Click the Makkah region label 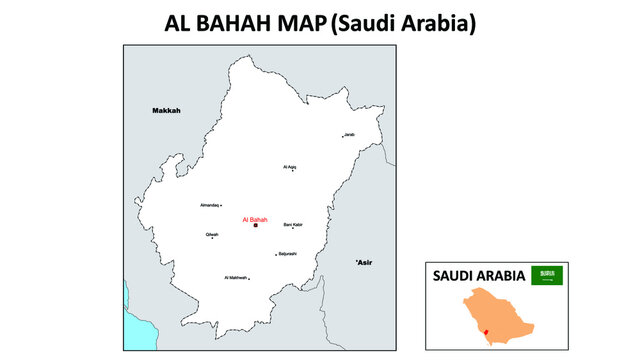point(166,110)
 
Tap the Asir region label point(364,262)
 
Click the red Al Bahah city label point(255,219)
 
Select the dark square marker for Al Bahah point(255,227)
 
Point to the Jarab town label point(349,135)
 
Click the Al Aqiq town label point(290,167)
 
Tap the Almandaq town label point(209,204)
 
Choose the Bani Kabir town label point(293,225)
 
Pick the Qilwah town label point(212,235)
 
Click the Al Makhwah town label point(236,277)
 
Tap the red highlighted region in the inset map point(486,332)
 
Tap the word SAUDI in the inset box point(452,276)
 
